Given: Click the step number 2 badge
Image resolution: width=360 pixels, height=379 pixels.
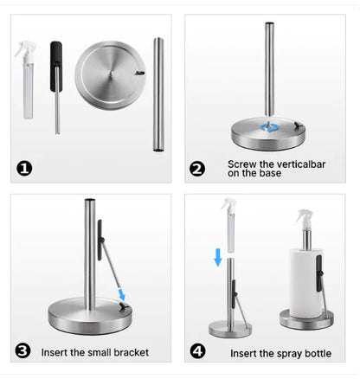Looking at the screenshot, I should point(197,168).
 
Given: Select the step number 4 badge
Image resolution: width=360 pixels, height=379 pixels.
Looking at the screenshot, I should point(197,350).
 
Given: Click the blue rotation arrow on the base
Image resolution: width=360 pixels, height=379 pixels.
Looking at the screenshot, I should point(271,127).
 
